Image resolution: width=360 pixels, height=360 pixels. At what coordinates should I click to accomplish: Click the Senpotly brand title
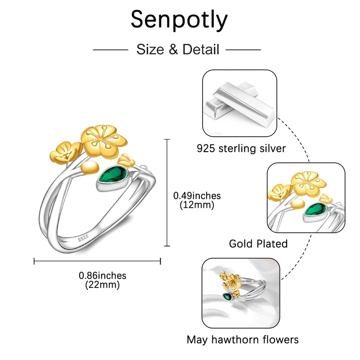179,19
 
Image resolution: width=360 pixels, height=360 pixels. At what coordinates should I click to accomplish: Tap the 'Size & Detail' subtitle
178,49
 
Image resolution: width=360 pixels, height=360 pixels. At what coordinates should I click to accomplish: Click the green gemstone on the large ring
113,177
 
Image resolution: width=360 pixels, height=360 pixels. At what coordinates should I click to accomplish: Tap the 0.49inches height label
197,196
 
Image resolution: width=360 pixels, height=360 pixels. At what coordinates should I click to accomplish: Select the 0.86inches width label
103,275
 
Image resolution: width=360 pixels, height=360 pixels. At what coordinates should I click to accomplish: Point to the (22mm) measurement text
102,284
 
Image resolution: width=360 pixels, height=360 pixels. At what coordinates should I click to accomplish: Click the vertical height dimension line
167,193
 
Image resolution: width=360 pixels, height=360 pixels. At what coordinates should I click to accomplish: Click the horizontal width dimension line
98,260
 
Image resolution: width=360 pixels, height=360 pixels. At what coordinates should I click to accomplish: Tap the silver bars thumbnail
239,103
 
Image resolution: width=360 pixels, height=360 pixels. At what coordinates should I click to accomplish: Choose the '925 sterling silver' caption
241,148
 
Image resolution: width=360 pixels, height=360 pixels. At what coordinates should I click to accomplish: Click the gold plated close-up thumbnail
306,196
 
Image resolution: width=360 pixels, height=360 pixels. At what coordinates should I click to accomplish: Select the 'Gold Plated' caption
258,243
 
